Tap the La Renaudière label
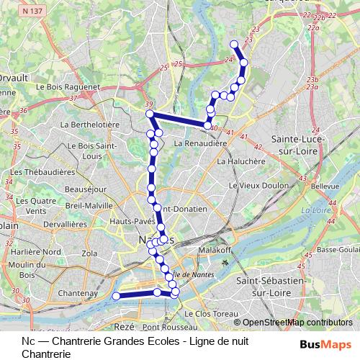(201, 143)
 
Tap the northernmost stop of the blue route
(234, 45)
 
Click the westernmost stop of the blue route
(116, 295)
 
